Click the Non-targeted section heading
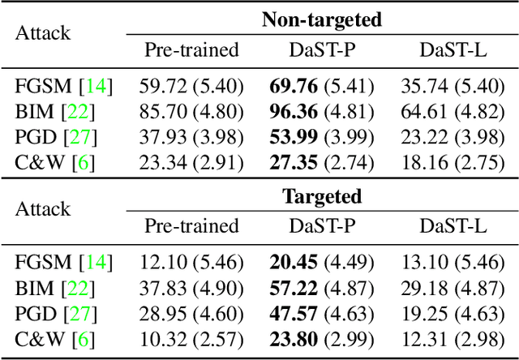[321, 20]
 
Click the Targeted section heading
[321, 195]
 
